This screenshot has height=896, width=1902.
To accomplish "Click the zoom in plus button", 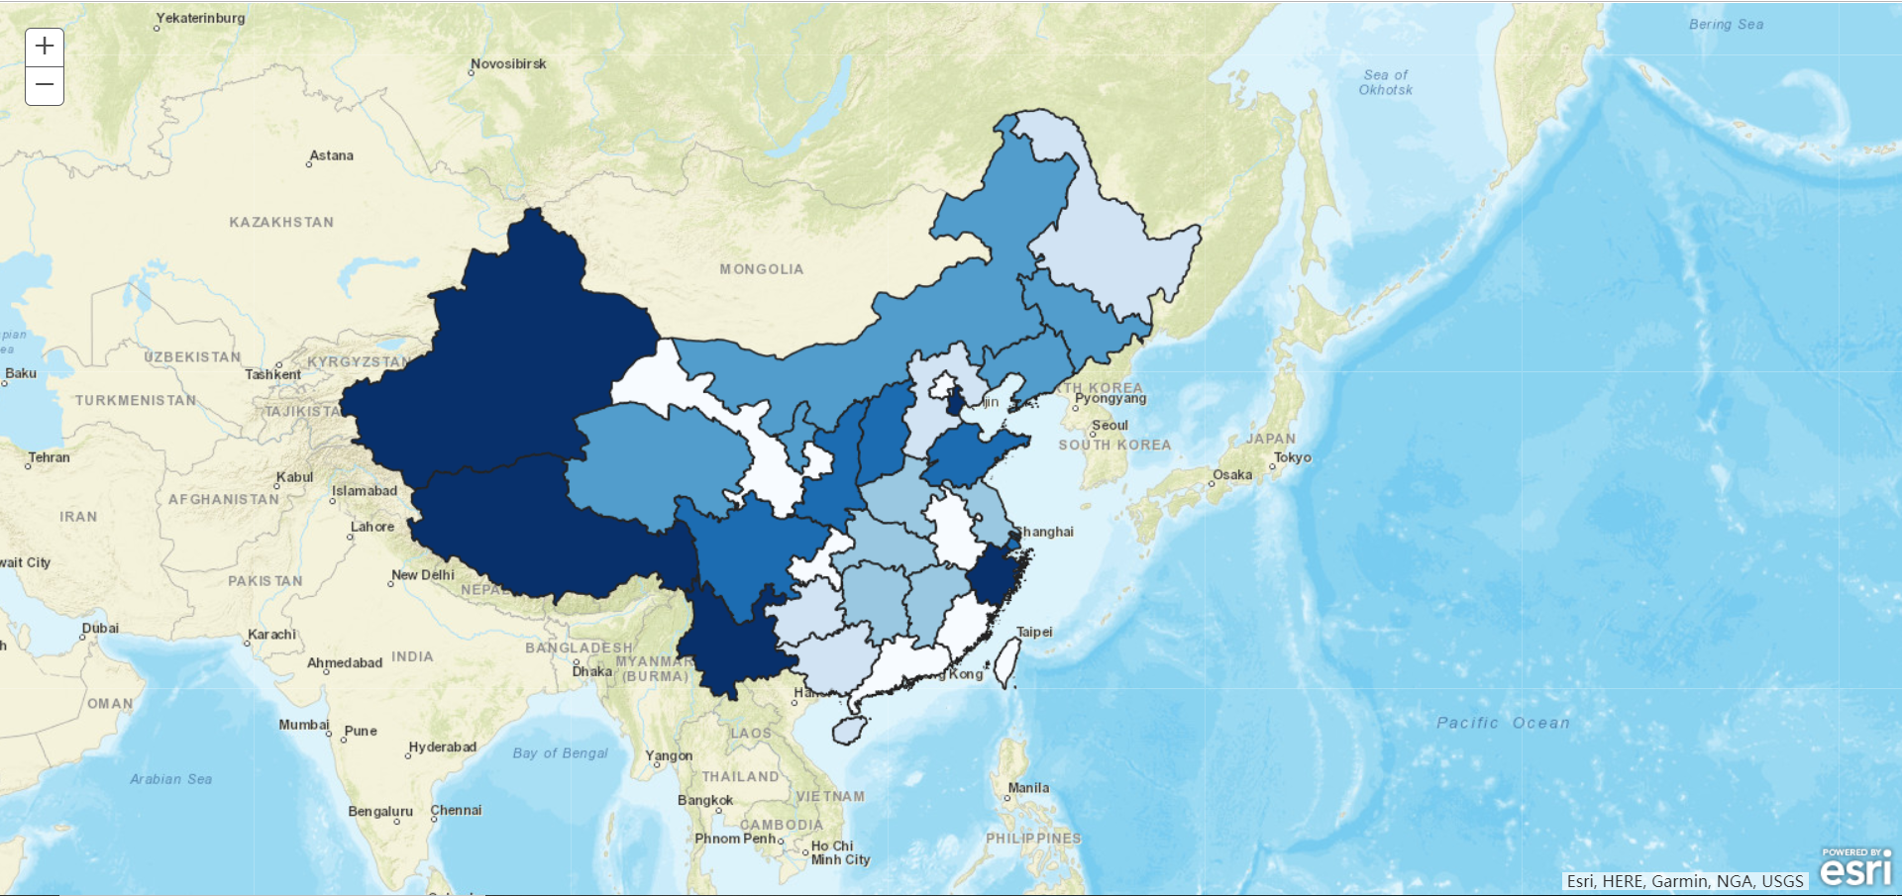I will pyautogui.click(x=45, y=47).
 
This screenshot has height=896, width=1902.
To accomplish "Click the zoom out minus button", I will pyautogui.click(x=45, y=85).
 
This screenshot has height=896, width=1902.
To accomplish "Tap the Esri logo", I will pyautogui.click(x=1855, y=868).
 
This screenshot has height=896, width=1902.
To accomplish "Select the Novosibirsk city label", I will pyautogui.click(x=508, y=64).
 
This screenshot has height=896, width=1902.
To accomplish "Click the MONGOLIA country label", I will pyautogui.click(x=761, y=269).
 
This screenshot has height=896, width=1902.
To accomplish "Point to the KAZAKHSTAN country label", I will pyautogui.click(x=281, y=223).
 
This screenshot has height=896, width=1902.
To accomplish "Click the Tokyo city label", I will pyautogui.click(x=1292, y=457).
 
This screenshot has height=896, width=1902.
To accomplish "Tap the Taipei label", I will pyautogui.click(x=1034, y=632).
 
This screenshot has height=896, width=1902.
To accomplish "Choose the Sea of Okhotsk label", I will pyautogui.click(x=1385, y=82).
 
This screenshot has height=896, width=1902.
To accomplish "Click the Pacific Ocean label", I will pyautogui.click(x=1503, y=723).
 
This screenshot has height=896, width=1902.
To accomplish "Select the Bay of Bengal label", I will pyautogui.click(x=560, y=753).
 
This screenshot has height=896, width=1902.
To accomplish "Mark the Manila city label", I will pyautogui.click(x=1028, y=788).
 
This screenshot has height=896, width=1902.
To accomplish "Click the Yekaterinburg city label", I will pyautogui.click(x=200, y=18).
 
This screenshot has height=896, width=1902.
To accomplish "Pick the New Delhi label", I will pyautogui.click(x=423, y=575).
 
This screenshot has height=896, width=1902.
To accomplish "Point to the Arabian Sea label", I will pyautogui.click(x=170, y=779).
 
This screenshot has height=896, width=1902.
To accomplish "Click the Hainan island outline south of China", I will pyautogui.click(x=849, y=731).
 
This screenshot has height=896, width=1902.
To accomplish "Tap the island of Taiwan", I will pyautogui.click(x=1006, y=662).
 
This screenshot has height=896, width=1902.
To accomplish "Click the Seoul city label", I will pyautogui.click(x=1109, y=426).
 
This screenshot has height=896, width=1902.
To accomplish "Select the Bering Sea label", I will pyautogui.click(x=1726, y=25).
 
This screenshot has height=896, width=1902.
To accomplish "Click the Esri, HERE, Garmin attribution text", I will pyautogui.click(x=1684, y=881).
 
